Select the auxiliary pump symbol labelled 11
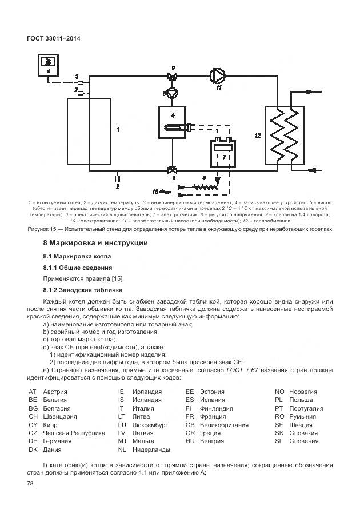217,75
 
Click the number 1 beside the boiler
118,130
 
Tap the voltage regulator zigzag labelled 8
203,187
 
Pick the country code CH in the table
33,417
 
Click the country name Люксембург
150,425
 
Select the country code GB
190,425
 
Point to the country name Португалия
306,408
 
